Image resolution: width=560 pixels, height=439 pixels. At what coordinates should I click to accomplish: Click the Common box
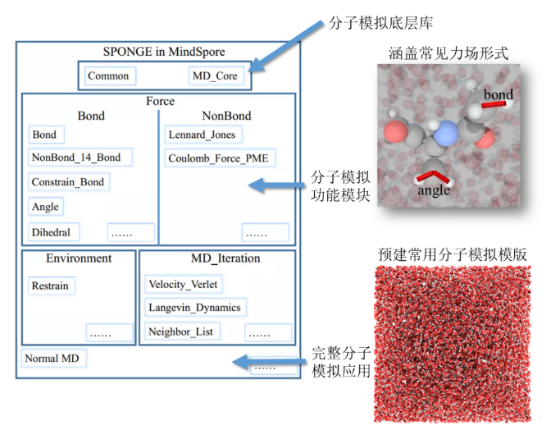pos(108,76)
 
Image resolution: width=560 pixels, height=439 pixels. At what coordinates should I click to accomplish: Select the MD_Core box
pos(215,76)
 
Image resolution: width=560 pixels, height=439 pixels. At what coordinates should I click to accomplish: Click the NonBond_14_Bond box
pos(80,158)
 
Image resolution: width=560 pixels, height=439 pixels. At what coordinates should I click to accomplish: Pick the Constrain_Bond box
pos(69,182)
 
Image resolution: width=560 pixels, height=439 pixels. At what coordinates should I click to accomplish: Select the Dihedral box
pos(51,232)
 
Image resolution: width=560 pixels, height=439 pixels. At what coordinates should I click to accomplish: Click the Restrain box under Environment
pos(50,286)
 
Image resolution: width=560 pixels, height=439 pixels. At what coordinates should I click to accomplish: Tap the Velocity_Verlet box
pos(184,285)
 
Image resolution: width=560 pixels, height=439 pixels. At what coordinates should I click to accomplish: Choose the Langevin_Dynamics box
pos(194,308)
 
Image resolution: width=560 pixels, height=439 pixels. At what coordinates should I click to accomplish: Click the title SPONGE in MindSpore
pos(159,52)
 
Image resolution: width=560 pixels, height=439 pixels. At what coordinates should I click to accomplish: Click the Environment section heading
pos(79,258)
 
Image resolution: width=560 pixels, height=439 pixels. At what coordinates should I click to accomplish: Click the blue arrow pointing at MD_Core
pos(277,55)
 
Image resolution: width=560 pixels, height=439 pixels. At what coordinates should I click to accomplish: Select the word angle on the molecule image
pos(434,190)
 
